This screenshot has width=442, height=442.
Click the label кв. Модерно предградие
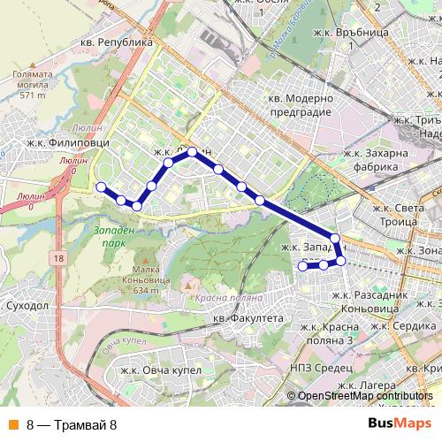tap(300, 106)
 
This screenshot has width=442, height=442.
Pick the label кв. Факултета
tap(252, 316)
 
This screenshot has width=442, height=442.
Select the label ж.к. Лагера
tap(364, 386)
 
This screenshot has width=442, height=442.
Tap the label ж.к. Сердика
tap(408, 325)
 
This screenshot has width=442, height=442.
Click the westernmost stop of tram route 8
tap(101, 187)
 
